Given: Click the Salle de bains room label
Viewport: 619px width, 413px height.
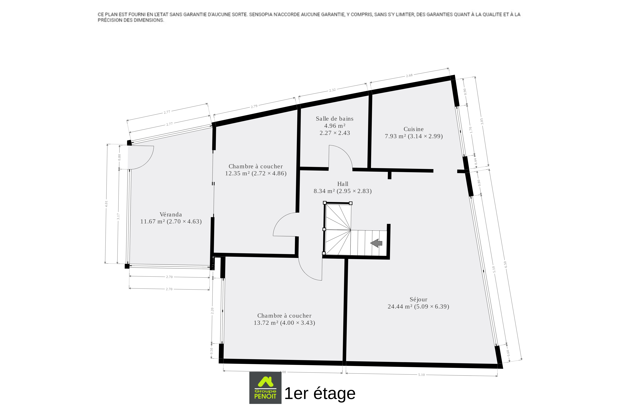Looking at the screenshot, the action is click(x=335, y=119).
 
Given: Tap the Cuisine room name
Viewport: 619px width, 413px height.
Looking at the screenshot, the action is click(x=414, y=129).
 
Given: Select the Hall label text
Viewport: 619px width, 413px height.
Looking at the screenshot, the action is click(x=343, y=184).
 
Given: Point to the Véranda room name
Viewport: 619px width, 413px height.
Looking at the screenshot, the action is click(x=171, y=214).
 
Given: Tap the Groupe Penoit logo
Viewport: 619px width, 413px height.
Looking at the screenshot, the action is click(x=265, y=388).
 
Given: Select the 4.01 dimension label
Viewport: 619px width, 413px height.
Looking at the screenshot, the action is click(x=106, y=204).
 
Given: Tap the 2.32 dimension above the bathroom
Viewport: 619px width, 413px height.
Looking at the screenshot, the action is click(x=332, y=90).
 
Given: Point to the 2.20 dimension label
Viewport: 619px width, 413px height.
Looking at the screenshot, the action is click(x=212, y=311).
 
